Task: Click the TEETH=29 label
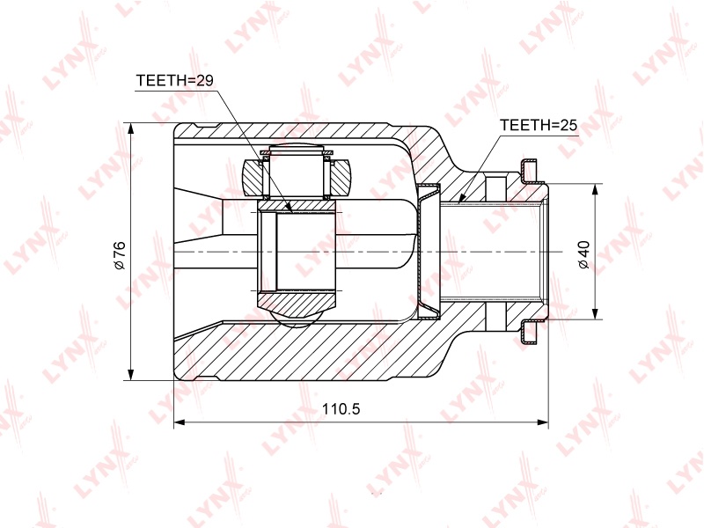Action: pyautogui.click(x=174, y=80)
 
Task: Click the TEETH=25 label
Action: pyautogui.click(x=539, y=125)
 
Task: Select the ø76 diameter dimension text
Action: pyautogui.click(x=120, y=255)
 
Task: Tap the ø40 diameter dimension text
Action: pyautogui.click(x=584, y=254)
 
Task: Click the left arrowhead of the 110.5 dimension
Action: pyautogui.click(x=180, y=422)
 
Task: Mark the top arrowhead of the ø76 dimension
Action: pyautogui.click(x=130, y=128)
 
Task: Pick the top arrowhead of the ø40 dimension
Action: pyautogui.click(x=596, y=189)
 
